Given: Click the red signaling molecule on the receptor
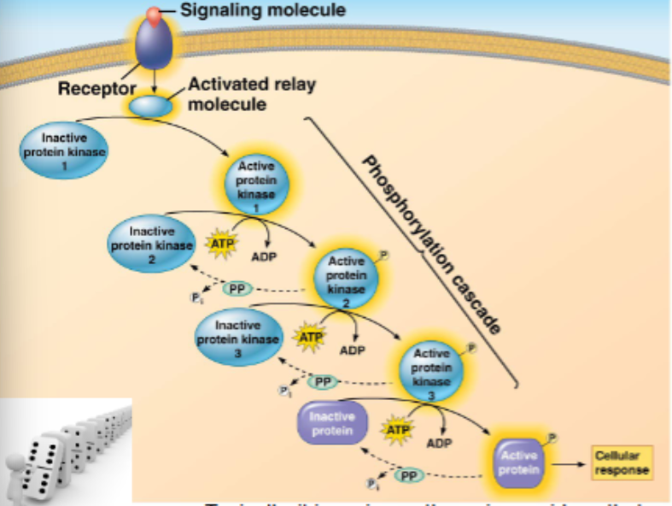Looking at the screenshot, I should tap(153, 15).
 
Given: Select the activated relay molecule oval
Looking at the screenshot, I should tap(150, 107).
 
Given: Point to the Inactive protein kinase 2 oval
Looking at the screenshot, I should tap(152, 244).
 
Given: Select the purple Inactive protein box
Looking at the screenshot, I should tap(330, 425).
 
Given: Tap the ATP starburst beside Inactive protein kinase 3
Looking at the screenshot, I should tap(310, 338).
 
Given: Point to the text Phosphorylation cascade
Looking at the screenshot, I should tap(430, 244).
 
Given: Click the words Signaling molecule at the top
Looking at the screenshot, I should tap(263, 11).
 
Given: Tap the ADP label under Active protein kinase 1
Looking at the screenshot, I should tap(262, 256).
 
